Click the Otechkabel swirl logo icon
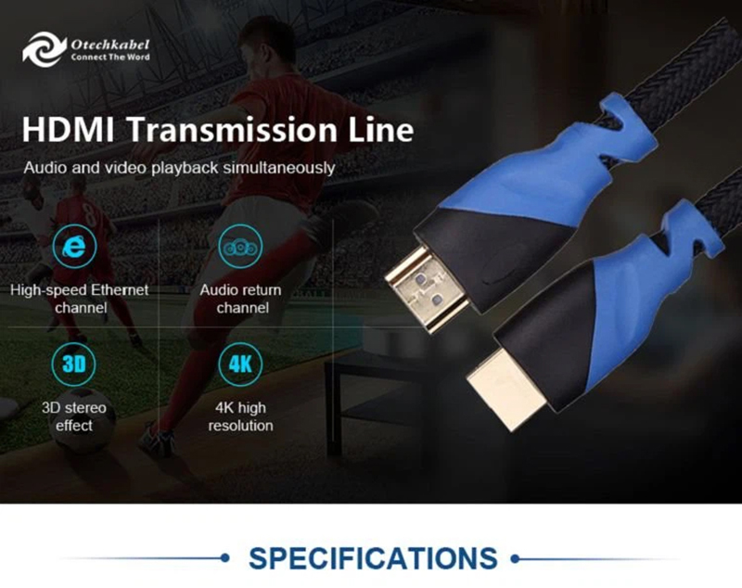pos(45,48)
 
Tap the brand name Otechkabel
pos(110,43)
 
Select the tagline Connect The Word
pos(110,57)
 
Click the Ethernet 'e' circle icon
pos(79,247)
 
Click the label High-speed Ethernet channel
pos(79,299)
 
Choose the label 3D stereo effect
pos(79,416)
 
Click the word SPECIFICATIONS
pos(372,558)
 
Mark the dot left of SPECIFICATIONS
pos(225,559)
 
